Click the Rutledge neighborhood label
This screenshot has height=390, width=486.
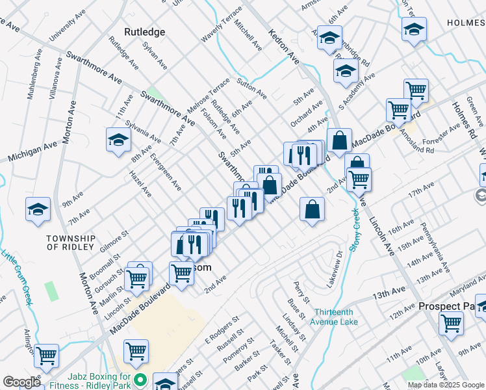click(144, 32)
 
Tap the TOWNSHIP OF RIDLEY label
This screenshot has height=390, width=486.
click(71, 243)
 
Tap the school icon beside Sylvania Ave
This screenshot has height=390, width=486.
click(118, 140)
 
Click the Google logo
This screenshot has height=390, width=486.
click(21, 382)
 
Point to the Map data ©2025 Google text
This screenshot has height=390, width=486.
click(446, 385)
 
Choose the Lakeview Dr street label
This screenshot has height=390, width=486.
click(330, 266)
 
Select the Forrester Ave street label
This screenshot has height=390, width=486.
click(441, 137)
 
